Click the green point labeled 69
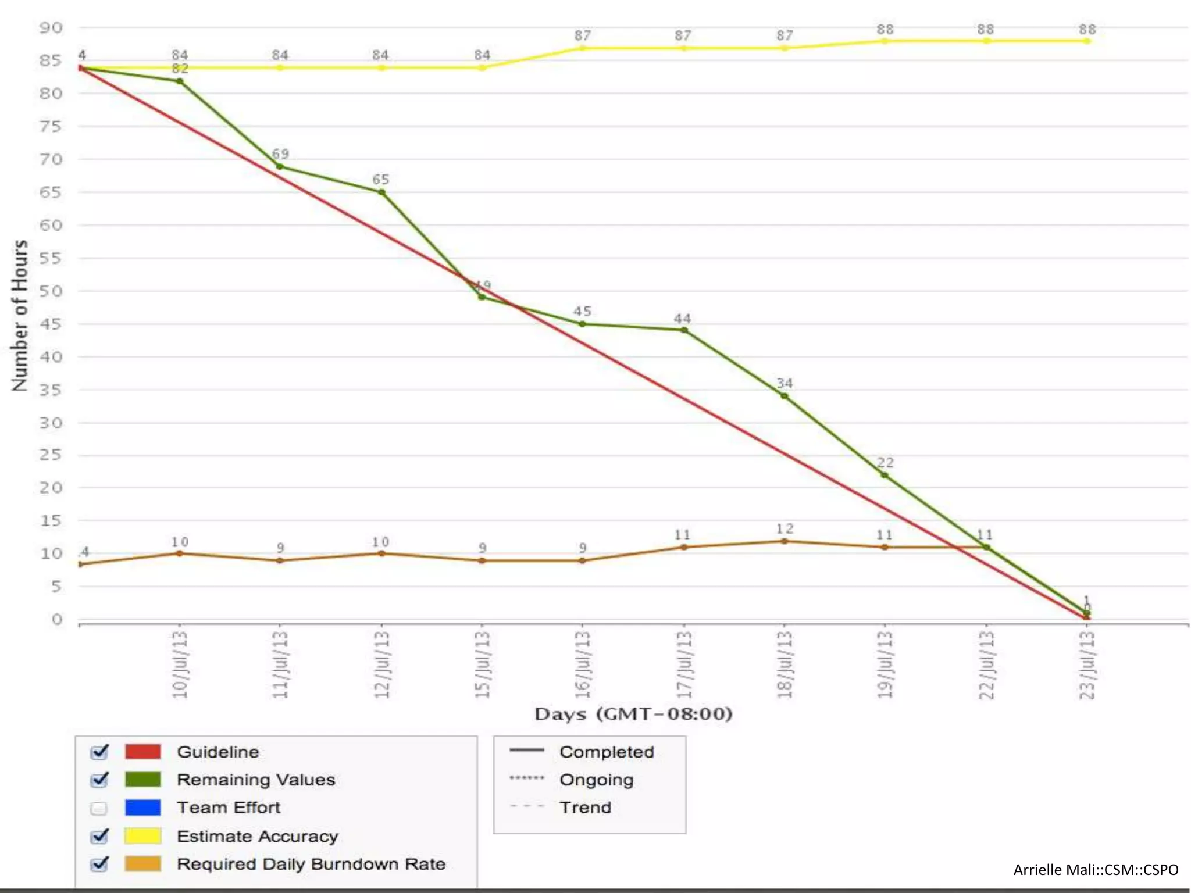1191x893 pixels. [280, 167]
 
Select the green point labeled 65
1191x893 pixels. [381, 192]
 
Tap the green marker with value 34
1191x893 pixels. [785, 396]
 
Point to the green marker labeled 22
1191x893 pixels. [885, 476]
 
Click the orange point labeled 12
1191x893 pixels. [785, 541]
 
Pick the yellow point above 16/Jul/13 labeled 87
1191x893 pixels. [582, 48]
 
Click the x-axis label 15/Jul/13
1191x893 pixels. [482, 664]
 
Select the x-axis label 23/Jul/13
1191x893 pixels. [1087, 664]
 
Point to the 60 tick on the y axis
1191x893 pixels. [51, 225]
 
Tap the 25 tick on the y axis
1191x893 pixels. [51, 455]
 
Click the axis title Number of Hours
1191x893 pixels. [20, 315]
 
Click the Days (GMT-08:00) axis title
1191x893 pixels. [633, 714]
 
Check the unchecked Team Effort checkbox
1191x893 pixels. [99, 808]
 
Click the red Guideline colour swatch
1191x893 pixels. [142, 751]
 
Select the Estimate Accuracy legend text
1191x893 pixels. [257, 836]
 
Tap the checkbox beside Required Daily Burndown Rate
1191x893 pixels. [99, 864]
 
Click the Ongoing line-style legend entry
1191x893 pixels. [596, 780]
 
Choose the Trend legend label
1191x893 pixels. [585, 808]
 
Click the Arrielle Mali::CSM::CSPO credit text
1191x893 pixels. [1096, 870]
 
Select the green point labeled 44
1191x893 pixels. [684, 330]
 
